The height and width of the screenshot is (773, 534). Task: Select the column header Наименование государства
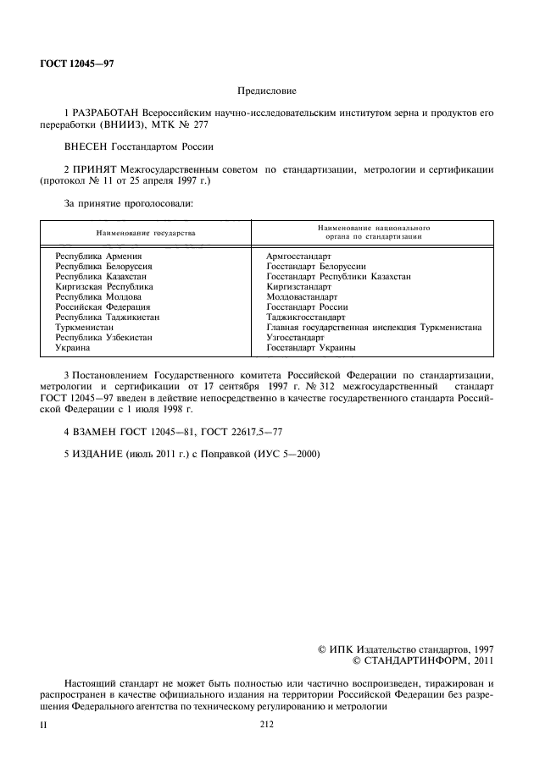click(146, 232)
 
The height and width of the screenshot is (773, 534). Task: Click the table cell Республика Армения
click(99, 255)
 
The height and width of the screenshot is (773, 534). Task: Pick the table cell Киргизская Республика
click(104, 287)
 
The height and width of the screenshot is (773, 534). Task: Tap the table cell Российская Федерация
click(103, 306)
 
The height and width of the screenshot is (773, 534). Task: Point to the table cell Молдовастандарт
click(302, 296)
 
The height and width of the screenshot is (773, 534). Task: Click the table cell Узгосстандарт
click(295, 337)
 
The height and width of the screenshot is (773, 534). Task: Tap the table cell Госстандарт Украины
click(311, 347)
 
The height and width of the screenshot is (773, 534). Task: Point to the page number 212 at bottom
click(267, 724)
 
